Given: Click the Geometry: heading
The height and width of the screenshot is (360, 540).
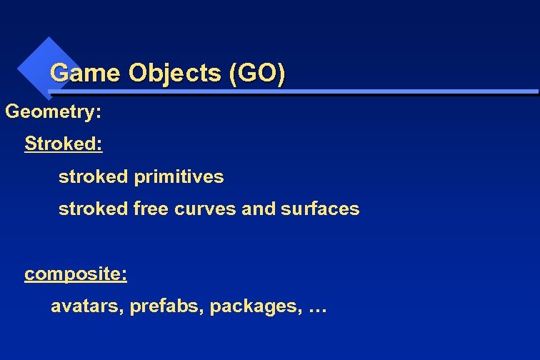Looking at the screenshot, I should (x=54, y=111).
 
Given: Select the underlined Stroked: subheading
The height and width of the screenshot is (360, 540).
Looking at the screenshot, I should (x=64, y=144).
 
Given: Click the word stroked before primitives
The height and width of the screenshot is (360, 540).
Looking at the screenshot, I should (x=94, y=176).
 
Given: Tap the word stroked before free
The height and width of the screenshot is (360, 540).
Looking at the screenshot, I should (x=94, y=209).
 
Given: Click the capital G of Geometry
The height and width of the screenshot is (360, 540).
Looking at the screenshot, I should (x=12, y=111).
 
